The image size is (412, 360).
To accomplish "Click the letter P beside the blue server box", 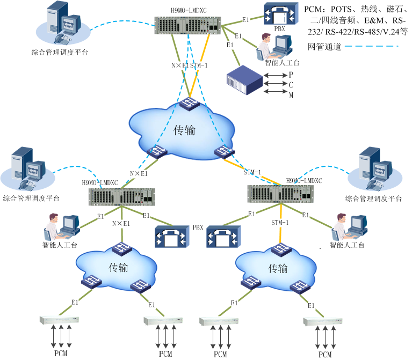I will click(x=291, y=75).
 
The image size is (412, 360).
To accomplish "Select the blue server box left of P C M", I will click(x=244, y=79).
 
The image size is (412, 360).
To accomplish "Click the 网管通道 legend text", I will click(x=323, y=47).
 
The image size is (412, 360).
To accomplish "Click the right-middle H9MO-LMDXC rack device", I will click(x=280, y=194).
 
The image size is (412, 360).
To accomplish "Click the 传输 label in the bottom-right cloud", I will click(x=277, y=268).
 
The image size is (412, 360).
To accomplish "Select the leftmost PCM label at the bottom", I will click(x=61, y=354).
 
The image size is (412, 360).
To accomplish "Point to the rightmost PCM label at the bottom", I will click(x=324, y=355).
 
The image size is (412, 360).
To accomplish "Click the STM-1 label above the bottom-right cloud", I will click(x=280, y=222).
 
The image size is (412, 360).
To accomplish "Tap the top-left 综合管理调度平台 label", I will click(x=60, y=53).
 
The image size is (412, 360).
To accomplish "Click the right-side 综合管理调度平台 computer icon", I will click(x=372, y=167).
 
